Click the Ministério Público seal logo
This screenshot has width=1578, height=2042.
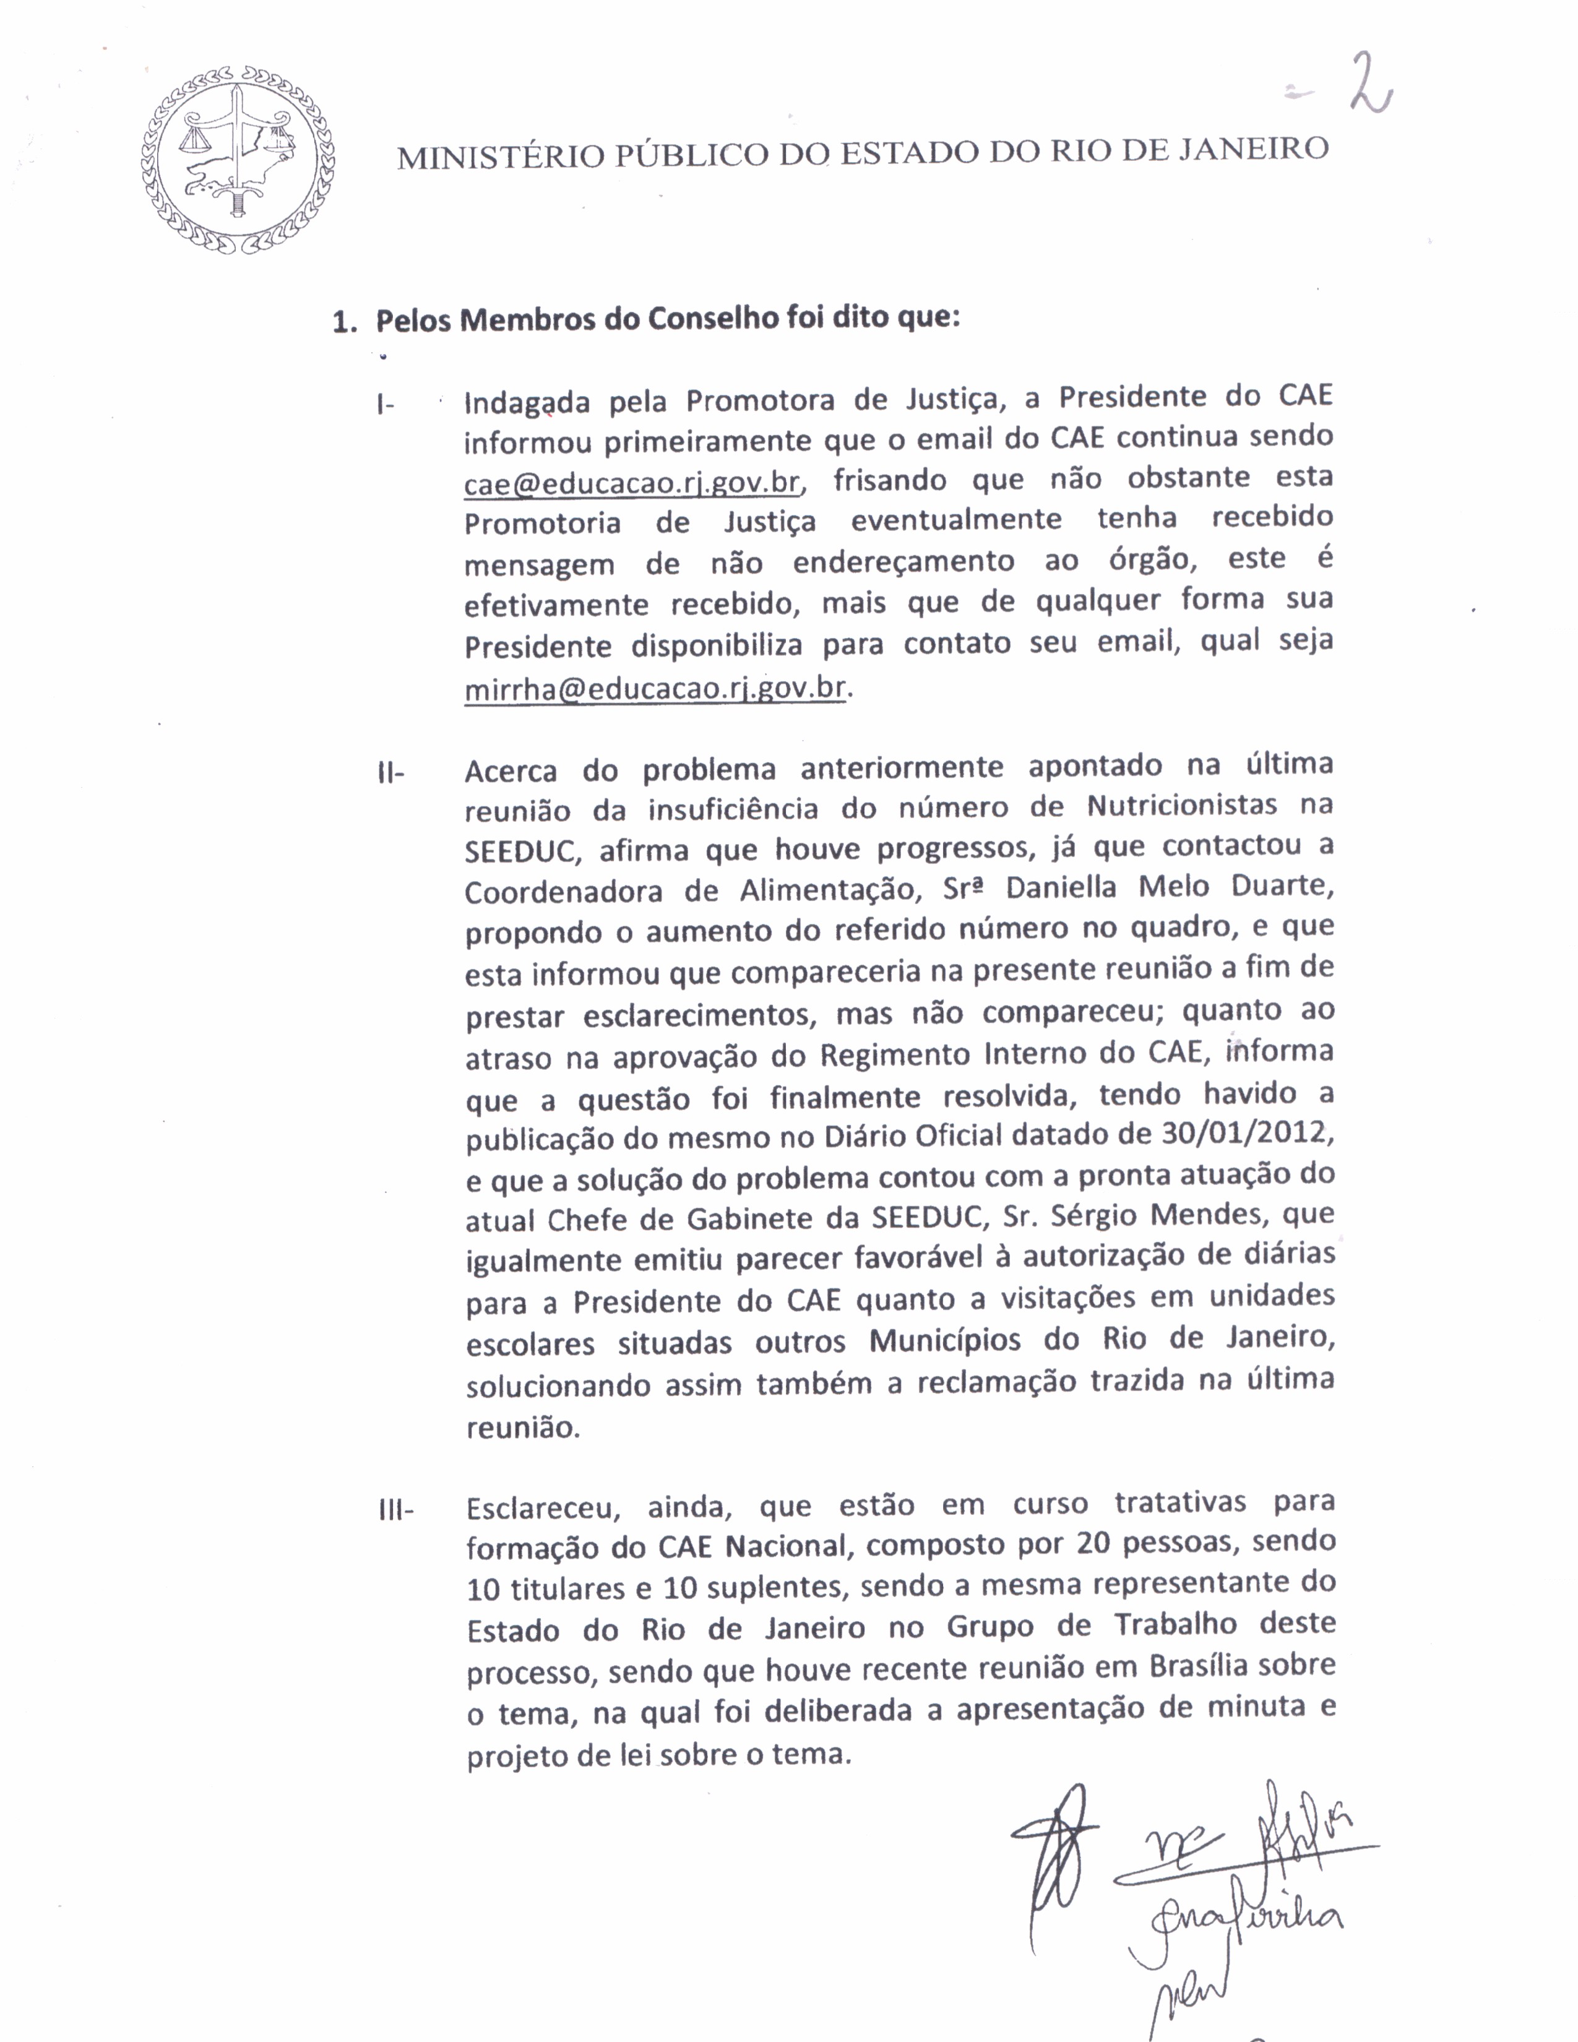click(238, 160)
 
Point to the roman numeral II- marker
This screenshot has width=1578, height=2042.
click(390, 773)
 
